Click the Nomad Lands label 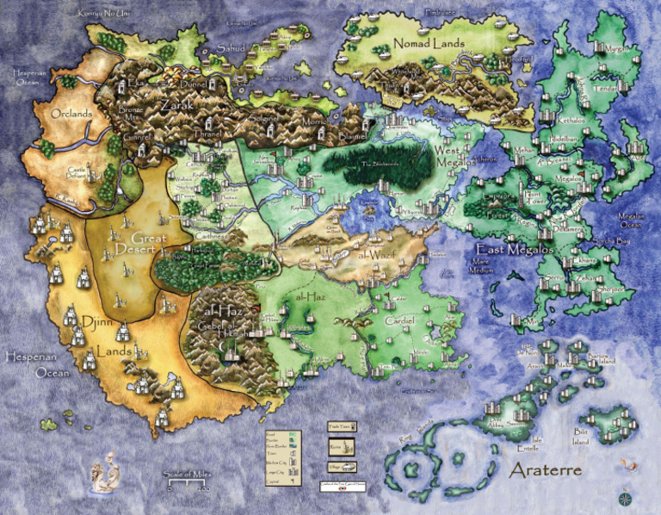[x=429, y=43]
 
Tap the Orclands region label [x=71, y=114]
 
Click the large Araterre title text [x=546, y=471]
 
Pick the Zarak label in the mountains [x=176, y=105]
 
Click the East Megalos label [x=507, y=250]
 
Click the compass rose [x=624, y=497]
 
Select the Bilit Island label [x=582, y=437]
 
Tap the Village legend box [x=342, y=467]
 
